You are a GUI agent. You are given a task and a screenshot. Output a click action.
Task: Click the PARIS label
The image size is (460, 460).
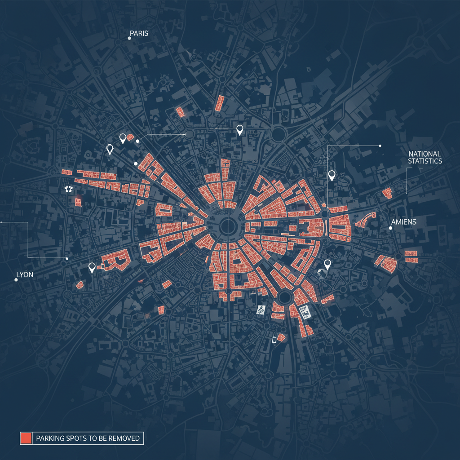[139, 33]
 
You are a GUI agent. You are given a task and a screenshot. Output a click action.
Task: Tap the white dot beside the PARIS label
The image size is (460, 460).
[129, 38]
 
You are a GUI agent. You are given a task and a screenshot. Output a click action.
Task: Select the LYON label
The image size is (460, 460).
[24, 274]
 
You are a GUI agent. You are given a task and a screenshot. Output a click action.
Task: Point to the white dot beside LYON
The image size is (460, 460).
[16, 279]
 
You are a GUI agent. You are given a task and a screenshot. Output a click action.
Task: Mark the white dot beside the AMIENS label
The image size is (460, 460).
[390, 228]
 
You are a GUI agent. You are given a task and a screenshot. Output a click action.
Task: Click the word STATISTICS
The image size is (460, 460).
[425, 161]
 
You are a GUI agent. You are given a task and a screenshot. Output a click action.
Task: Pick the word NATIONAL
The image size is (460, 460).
[425, 154]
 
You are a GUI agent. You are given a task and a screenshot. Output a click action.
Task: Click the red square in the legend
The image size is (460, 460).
[26, 438]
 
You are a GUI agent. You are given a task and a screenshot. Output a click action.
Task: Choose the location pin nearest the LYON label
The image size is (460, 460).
[92, 268]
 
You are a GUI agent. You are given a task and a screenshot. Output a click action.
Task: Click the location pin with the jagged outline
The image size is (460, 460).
[109, 149]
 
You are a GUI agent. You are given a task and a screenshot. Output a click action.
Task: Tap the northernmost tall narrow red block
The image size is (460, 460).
[220, 103]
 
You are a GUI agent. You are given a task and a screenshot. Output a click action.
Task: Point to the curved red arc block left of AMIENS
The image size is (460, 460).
[365, 219]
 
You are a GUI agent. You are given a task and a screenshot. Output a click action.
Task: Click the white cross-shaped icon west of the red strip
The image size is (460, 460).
[68, 189]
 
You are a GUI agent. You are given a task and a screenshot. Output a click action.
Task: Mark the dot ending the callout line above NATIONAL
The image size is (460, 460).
[380, 146]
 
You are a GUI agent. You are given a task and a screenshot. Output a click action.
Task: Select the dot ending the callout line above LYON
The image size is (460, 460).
[67, 258]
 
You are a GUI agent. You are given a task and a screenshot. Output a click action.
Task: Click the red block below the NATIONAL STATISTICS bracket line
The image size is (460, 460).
[386, 193]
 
